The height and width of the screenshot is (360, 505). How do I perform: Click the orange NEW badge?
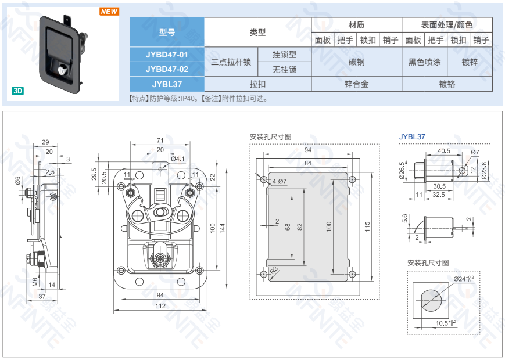[109, 12]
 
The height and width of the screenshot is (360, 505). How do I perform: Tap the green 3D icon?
[18, 91]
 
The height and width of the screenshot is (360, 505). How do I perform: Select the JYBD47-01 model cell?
[167, 55]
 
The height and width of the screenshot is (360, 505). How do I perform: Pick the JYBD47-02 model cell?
[167, 69]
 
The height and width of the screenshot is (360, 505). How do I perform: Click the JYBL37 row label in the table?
[167, 84]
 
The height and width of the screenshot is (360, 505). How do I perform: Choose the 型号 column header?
[167, 32]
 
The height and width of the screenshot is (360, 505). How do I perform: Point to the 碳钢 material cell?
[357, 62]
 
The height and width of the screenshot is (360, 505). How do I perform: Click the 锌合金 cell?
[357, 84]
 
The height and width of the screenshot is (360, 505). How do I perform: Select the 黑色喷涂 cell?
[424, 62]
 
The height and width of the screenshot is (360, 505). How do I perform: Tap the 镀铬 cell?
[447, 84]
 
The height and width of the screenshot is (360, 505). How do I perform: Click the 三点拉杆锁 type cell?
[231, 62]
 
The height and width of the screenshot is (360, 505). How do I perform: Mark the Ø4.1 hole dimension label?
[178, 159]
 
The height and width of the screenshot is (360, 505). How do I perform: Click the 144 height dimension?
[223, 228]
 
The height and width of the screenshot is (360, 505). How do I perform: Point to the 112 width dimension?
[160, 306]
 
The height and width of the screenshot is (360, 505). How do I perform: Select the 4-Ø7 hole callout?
[279, 181]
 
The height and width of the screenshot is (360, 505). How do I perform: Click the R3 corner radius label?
[274, 270]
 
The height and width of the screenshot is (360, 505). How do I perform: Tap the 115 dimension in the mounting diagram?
[367, 226]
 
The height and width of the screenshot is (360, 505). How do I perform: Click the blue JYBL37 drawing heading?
[412, 136]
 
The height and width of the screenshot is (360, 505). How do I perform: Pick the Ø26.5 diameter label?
[402, 170]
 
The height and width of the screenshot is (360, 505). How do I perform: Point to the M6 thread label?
[35, 282]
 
